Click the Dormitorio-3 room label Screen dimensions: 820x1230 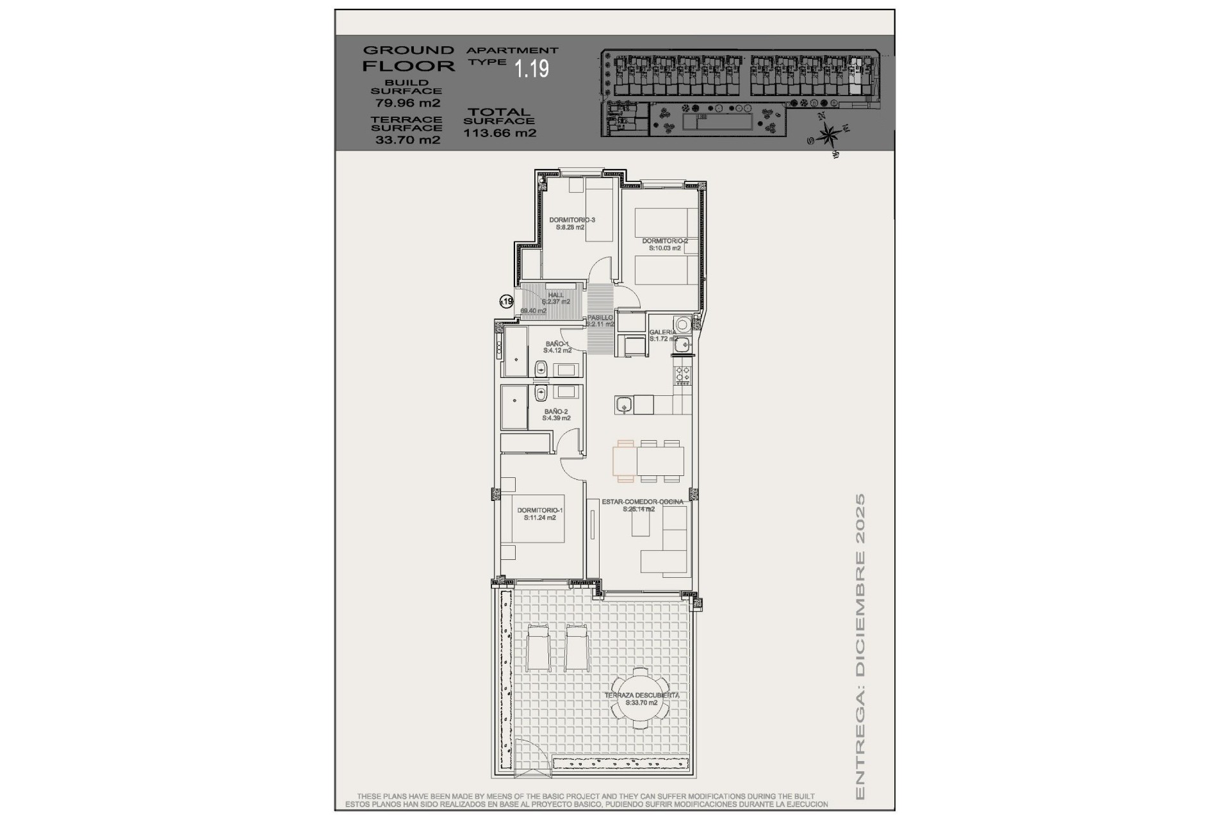[x=571, y=220]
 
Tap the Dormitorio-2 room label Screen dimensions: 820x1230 [x=664, y=242]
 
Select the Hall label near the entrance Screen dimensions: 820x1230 [x=556, y=295]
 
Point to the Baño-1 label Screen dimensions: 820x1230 [x=557, y=344]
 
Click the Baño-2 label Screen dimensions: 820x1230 [x=556, y=412]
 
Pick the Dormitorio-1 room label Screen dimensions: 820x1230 [x=539, y=511]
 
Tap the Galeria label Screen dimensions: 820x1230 [x=662, y=332]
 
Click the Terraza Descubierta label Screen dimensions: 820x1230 [x=642, y=695]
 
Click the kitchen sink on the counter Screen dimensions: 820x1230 [x=623, y=404]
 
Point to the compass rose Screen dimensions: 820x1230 [x=829, y=135]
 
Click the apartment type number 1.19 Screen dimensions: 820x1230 [x=532, y=69]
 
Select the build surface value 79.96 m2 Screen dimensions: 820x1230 [x=407, y=102]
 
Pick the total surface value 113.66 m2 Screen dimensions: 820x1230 [x=500, y=133]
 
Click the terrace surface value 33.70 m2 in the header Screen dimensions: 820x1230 [x=407, y=140]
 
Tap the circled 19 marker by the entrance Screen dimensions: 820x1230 [x=506, y=301]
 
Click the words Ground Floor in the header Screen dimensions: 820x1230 [x=408, y=58]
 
